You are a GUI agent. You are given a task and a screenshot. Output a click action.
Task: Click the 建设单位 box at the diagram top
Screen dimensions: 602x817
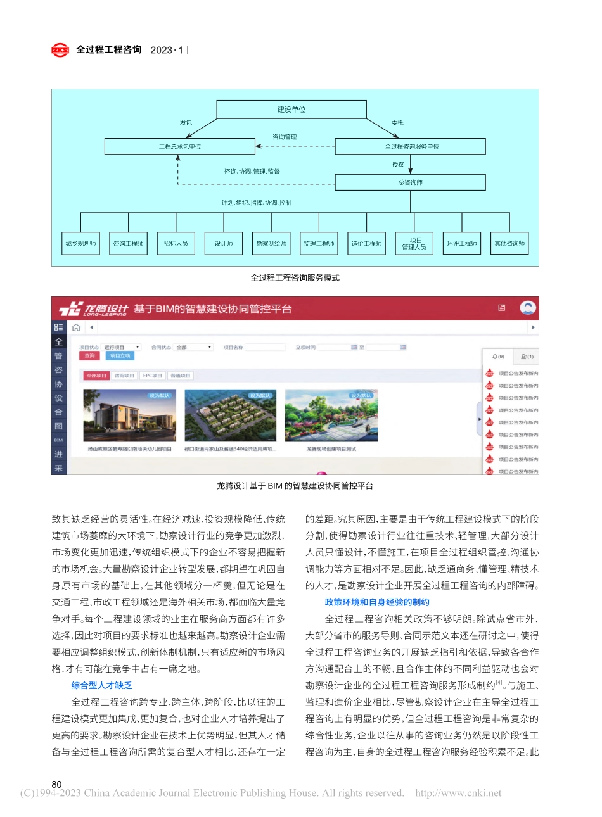coord(291,110)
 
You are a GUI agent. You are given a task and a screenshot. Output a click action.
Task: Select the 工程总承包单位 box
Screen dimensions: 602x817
coord(179,146)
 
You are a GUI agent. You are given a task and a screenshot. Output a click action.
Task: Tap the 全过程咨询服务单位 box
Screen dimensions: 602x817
coord(411,146)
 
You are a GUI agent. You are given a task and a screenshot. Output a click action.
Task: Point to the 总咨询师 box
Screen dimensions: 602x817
coord(411,182)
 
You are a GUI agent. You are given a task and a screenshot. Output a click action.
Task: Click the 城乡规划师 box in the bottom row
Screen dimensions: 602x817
coord(80,243)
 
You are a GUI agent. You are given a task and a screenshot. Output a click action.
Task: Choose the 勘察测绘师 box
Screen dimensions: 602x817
coord(271,243)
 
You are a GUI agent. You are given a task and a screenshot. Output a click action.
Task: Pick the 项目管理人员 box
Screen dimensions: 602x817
coord(414,243)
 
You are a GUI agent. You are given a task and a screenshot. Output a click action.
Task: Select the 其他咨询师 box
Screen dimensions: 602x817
coord(509,243)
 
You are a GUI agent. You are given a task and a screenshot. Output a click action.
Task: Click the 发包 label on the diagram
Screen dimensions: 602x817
coord(186,123)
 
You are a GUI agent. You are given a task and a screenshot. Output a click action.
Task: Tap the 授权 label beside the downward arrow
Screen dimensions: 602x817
coord(398,165)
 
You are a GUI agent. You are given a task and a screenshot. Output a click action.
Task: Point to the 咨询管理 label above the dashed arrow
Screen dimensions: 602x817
coord(285,137)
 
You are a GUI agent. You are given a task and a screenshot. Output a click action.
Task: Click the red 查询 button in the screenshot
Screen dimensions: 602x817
coord(90,356)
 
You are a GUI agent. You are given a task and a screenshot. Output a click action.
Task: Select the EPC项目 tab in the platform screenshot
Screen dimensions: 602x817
coord(152,376)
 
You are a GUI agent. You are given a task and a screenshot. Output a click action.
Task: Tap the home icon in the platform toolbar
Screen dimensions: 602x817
coord(76,327)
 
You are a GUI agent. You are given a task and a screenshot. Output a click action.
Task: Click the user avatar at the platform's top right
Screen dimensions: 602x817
coord(527,308)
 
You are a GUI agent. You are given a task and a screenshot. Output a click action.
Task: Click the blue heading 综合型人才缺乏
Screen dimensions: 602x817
coord(101,685)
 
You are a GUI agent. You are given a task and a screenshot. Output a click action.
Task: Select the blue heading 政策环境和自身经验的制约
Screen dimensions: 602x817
coord(377,602)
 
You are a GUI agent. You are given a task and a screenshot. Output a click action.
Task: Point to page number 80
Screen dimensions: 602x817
coord(57,784)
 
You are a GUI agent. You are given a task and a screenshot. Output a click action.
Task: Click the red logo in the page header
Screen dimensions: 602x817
coord(60,50)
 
